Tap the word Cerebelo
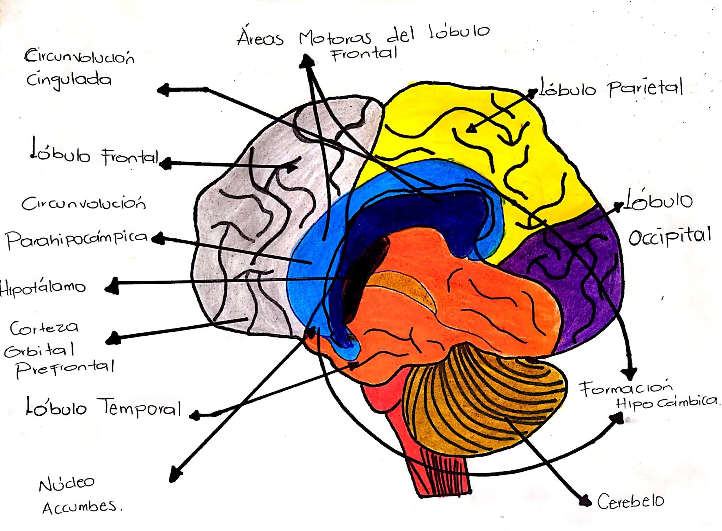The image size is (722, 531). [x=630, y=501]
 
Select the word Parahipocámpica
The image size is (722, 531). [x=77, y=239]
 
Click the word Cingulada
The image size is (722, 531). [x=69, y=80]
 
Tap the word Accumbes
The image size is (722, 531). [x=80, y=507]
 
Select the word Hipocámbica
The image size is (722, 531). [x=666, y=402]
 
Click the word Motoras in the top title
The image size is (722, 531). [x=335, y=37]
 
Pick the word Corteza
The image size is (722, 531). [x=44, y=328]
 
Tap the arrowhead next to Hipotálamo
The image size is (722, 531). [x=112, y=286]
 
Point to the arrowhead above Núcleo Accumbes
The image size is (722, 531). [x=175, y=475]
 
